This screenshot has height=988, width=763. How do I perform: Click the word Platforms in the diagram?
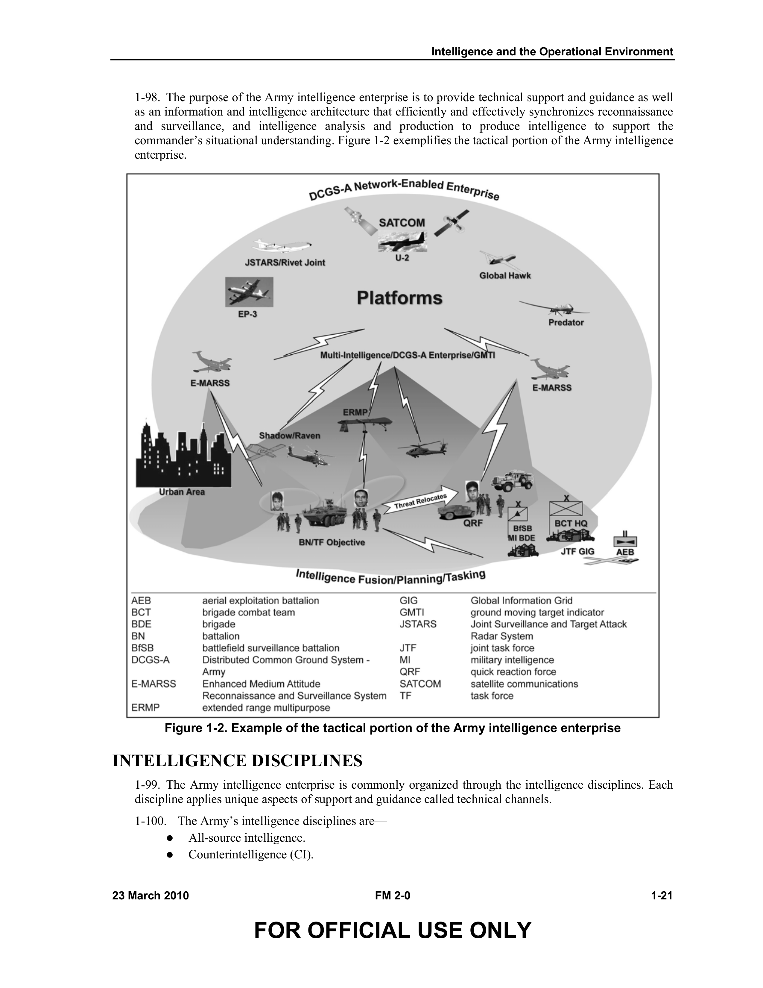point(399,298)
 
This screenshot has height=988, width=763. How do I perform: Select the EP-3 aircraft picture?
point(249,292)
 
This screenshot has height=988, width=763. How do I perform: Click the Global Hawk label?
point(505,275)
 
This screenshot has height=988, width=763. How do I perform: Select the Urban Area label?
point(182,492)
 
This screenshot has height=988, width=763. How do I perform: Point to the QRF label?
point(473,523)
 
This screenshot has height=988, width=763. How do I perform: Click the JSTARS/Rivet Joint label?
point(285,262)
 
